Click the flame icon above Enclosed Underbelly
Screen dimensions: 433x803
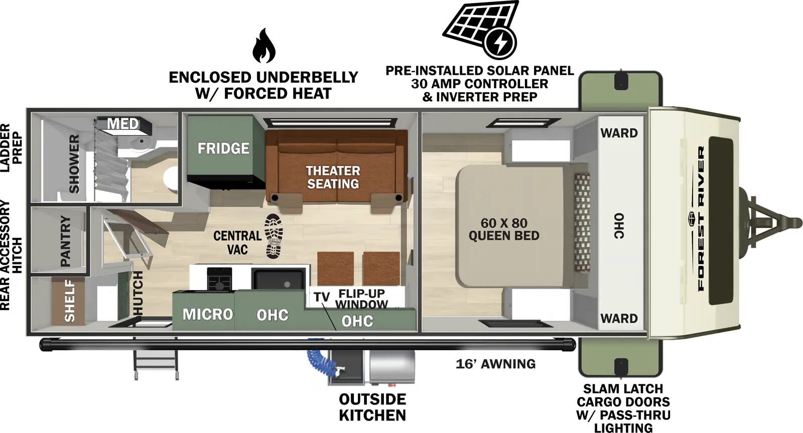(x=263, y=46)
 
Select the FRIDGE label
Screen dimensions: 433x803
(x=223, y=149)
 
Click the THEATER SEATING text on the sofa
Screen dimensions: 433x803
(x=333, y=177)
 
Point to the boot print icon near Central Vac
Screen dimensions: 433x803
(x=274, y=236)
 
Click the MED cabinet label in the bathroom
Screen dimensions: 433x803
(x=123, y=123)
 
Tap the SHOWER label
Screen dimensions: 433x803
(x=74, y=164)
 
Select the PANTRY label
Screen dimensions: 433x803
(x=66, y=241)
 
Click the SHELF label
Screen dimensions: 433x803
(x=69, y=301)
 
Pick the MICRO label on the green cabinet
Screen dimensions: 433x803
(x=208, y=315)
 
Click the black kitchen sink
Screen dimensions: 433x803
(x=279, y=279)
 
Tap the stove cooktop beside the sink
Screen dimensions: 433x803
(x=220, y=278)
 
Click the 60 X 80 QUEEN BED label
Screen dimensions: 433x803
(x=503, y=229)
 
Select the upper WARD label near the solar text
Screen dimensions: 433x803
(x=619, y=133)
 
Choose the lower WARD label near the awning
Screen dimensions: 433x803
(x=619, y=319)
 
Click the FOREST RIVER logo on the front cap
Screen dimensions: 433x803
(x=701, y=218)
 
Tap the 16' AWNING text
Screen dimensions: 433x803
(x=495, y=364)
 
